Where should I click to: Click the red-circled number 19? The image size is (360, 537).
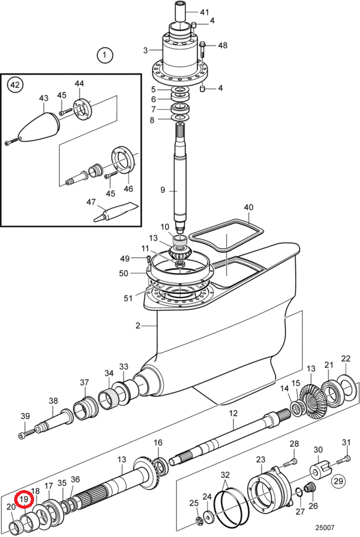tap(24, 499)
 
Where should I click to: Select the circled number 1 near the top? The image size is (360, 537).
tap(105, 55)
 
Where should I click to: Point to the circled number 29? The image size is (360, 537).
tap(338, 481)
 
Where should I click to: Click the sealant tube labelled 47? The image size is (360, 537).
tap(116, 212)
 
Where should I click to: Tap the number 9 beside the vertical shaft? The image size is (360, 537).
tap(163, 189)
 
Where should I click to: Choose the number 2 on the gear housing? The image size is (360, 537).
tap(138, 326)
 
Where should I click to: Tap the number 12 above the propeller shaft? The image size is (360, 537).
tap(233, 414)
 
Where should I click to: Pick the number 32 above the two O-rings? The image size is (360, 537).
tap(225, 475)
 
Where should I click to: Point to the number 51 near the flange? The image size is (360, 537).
tap(127, 298)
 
